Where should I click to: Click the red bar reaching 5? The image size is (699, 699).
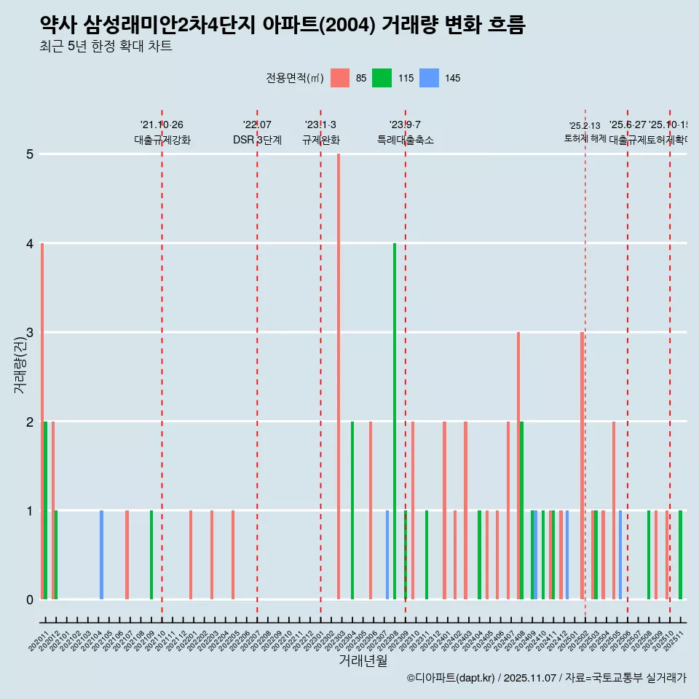339,376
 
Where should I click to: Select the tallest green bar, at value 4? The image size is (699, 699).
395,421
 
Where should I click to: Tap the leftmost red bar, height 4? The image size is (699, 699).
42,421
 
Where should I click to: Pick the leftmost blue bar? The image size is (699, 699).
101,555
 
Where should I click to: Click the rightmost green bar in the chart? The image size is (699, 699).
680,555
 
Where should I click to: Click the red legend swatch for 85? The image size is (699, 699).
340,78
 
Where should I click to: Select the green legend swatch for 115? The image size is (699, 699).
382,78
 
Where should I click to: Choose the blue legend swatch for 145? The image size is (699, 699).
430,78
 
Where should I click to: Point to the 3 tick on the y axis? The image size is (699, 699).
30,333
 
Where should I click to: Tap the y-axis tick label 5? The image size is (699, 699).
30,154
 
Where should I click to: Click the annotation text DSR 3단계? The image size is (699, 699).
257,140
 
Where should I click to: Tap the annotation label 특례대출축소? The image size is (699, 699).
405,140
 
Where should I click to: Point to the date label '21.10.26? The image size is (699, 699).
162,125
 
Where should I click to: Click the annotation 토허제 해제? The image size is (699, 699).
585,138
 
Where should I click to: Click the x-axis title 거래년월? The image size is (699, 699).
363,660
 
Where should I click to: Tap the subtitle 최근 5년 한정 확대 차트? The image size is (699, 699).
106,47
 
